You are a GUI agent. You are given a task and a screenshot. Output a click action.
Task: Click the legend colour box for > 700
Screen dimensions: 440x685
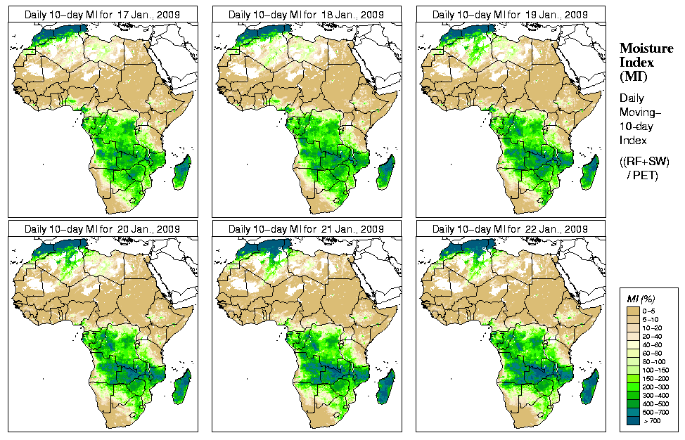pos(632,420)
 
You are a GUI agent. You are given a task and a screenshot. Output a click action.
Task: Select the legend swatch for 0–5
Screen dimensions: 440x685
pos(632,310)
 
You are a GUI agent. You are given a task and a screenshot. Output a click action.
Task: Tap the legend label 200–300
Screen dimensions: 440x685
pos(653,386)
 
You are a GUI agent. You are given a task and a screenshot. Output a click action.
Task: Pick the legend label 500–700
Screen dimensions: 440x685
pos(653,411)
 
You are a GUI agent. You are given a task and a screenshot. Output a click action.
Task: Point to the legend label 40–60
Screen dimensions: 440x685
pos(653,344)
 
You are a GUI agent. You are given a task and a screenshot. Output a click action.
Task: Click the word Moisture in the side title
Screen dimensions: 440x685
pos(646,48)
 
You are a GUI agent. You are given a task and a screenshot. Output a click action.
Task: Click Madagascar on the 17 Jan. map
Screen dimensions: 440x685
pos(181,173)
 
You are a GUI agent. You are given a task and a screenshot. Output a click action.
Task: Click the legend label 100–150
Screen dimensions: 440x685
pos(653,369)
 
